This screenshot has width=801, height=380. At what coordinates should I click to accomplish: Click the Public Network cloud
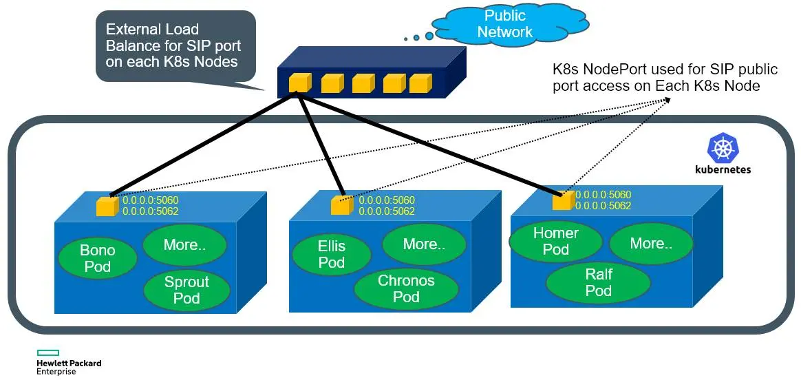coord(504,25)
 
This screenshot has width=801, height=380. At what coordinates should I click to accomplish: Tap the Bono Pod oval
coord(97,258)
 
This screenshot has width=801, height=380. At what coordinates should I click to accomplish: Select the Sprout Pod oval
coord(186,290)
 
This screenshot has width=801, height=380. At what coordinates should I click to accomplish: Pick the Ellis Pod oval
coord(331,254)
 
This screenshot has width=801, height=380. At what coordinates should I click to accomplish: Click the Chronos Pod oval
coord(406,288)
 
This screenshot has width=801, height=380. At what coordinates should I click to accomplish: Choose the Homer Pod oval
coord(555,241)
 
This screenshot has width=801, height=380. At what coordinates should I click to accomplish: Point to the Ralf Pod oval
coord(598,282)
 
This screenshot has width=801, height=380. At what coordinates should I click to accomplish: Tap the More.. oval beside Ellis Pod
coord(423,244)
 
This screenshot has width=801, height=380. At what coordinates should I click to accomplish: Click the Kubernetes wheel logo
coord(723,148)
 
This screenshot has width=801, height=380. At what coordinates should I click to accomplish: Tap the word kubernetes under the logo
coord(723,169)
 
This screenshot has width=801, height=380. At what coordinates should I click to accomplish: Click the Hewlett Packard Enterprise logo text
coord(68,367)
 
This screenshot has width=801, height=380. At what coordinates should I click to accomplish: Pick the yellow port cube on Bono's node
coord(107,207)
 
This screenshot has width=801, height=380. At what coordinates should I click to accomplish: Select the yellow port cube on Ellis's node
coord(341,205)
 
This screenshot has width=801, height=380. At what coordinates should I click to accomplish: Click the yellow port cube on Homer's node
coord(563,200)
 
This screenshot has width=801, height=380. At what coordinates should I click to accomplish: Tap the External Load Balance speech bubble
coord(175,45)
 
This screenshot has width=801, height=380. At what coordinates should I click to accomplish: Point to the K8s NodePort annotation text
coord(665,78)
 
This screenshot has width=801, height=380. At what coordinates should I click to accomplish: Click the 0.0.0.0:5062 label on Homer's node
coord(603,205)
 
